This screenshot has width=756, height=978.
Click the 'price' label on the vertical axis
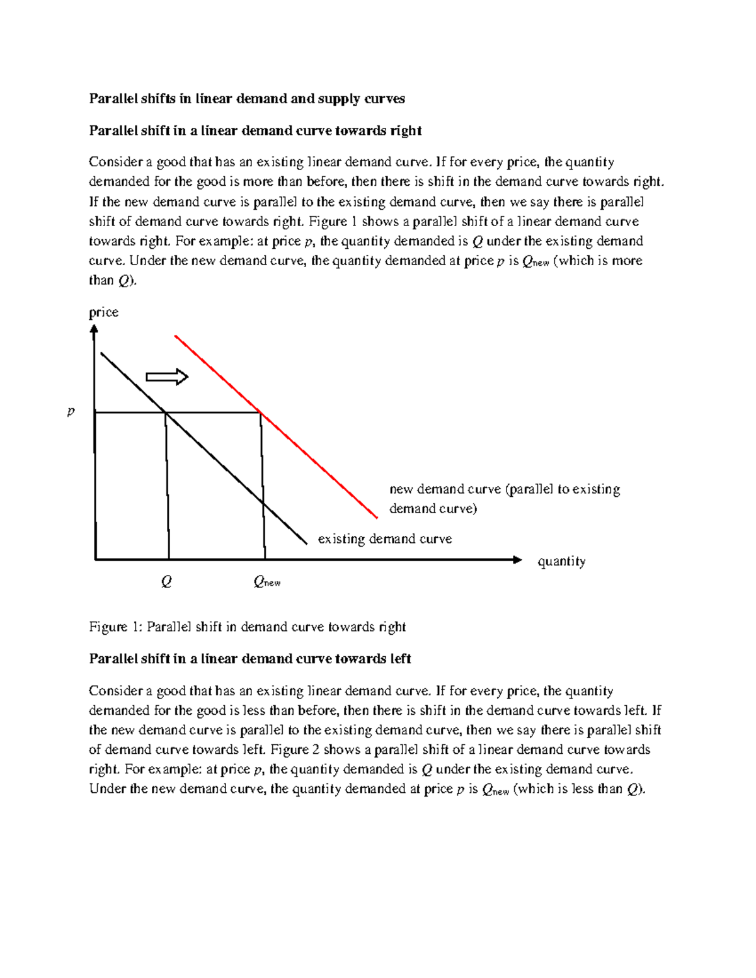pos(103,312)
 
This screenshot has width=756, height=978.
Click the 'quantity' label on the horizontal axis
pos(561,561)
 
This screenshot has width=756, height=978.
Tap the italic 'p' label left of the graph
pos(71,412)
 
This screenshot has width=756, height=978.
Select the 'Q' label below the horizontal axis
pos(166,582)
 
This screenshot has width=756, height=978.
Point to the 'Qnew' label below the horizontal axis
pos(266,583)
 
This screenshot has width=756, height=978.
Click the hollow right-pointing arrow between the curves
pos(167,377)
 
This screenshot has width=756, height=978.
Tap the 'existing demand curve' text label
pos(384,539)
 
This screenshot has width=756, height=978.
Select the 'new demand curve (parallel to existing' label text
pos(504,489)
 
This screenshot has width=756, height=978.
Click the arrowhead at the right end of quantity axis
pos(517,559)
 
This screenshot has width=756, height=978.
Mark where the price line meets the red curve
pos(260,412)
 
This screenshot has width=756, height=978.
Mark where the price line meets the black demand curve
pos(165,412)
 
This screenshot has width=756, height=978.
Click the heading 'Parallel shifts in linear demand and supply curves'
pos(246,98)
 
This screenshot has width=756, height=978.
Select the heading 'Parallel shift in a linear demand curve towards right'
pos(255,130)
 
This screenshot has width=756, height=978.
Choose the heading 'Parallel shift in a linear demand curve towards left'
pos(250,659)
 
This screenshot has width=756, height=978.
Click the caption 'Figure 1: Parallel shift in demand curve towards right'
pos(247,627)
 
